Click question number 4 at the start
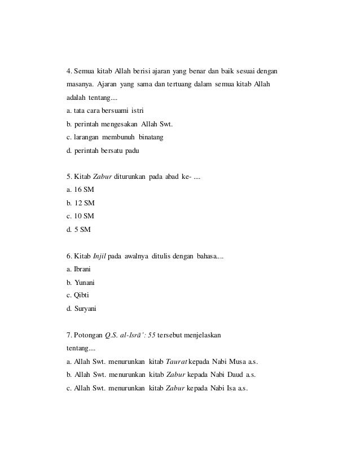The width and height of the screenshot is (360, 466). pyautogui.click(x=69, y=72)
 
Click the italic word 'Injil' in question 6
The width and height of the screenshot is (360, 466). pyautogui.click(x=99, y=256)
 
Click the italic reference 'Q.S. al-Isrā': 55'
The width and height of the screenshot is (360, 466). pyautogui.click(x=130, y=335)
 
